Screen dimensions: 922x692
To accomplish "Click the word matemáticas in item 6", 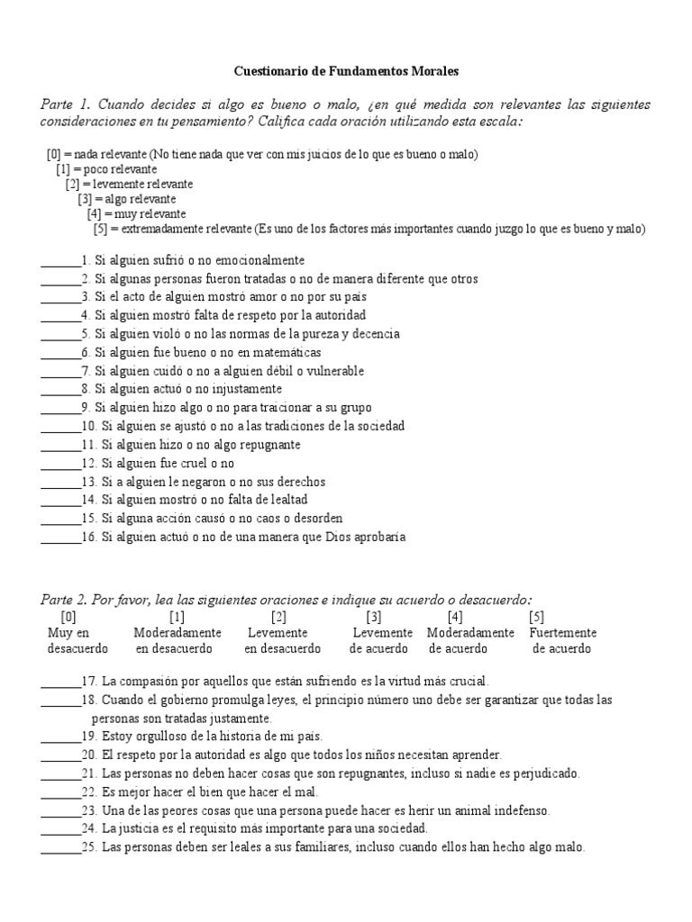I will coord(286,352).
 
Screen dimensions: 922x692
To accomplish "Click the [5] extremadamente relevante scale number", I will coord(100,229).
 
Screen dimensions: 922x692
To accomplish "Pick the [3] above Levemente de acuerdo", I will coord(374,617).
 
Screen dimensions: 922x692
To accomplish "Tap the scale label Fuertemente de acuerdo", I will coord(562,640).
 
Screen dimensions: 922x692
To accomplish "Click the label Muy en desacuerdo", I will coord(77,640).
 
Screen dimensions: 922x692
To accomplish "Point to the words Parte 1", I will coord(64,104).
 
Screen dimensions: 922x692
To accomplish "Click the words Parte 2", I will coord(64,600).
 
